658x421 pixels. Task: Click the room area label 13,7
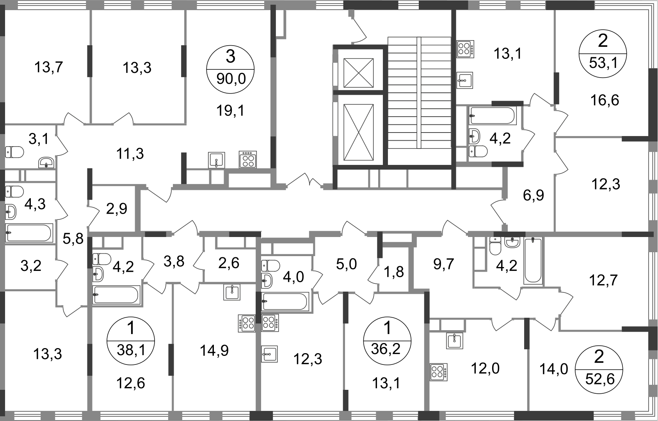(x=49, y=67)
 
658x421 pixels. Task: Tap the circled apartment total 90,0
(x=231, y=79)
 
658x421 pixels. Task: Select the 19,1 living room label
(x=230, y=111)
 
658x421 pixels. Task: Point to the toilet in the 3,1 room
(x=14, y=152)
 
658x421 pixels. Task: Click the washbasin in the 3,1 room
(x=46, y=163)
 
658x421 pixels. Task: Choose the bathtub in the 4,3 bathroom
(x=29, y=233)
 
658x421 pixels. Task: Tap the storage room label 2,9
(x=117, y=209)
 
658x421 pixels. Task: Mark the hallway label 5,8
(x=73, y=239)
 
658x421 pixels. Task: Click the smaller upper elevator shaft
(x=358, y=73)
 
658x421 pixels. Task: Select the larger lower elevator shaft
(x=358, y=132)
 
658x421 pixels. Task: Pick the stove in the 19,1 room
(x=248, y=159)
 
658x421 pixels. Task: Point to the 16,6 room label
(x=605, y=100)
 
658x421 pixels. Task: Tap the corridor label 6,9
(x=534, y=195)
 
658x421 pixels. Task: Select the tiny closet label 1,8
(x=394, y=272)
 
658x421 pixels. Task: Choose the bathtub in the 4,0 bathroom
(x=285, y=301)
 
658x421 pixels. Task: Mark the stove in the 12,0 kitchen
(x=439, y=372)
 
